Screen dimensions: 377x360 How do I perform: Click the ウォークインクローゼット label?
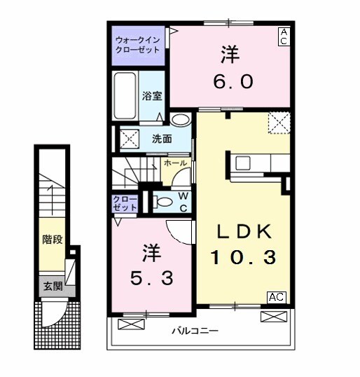click(138, 45)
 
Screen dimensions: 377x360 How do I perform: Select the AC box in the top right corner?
click(284, 37)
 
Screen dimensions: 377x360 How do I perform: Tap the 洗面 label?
click(162, 138)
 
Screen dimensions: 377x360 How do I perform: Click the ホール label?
click(174, 162)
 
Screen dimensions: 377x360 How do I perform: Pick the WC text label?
click(181, 200)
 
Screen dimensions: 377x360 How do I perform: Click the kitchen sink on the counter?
click(244, 163)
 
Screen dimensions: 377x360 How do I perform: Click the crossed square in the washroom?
click(130, 137)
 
